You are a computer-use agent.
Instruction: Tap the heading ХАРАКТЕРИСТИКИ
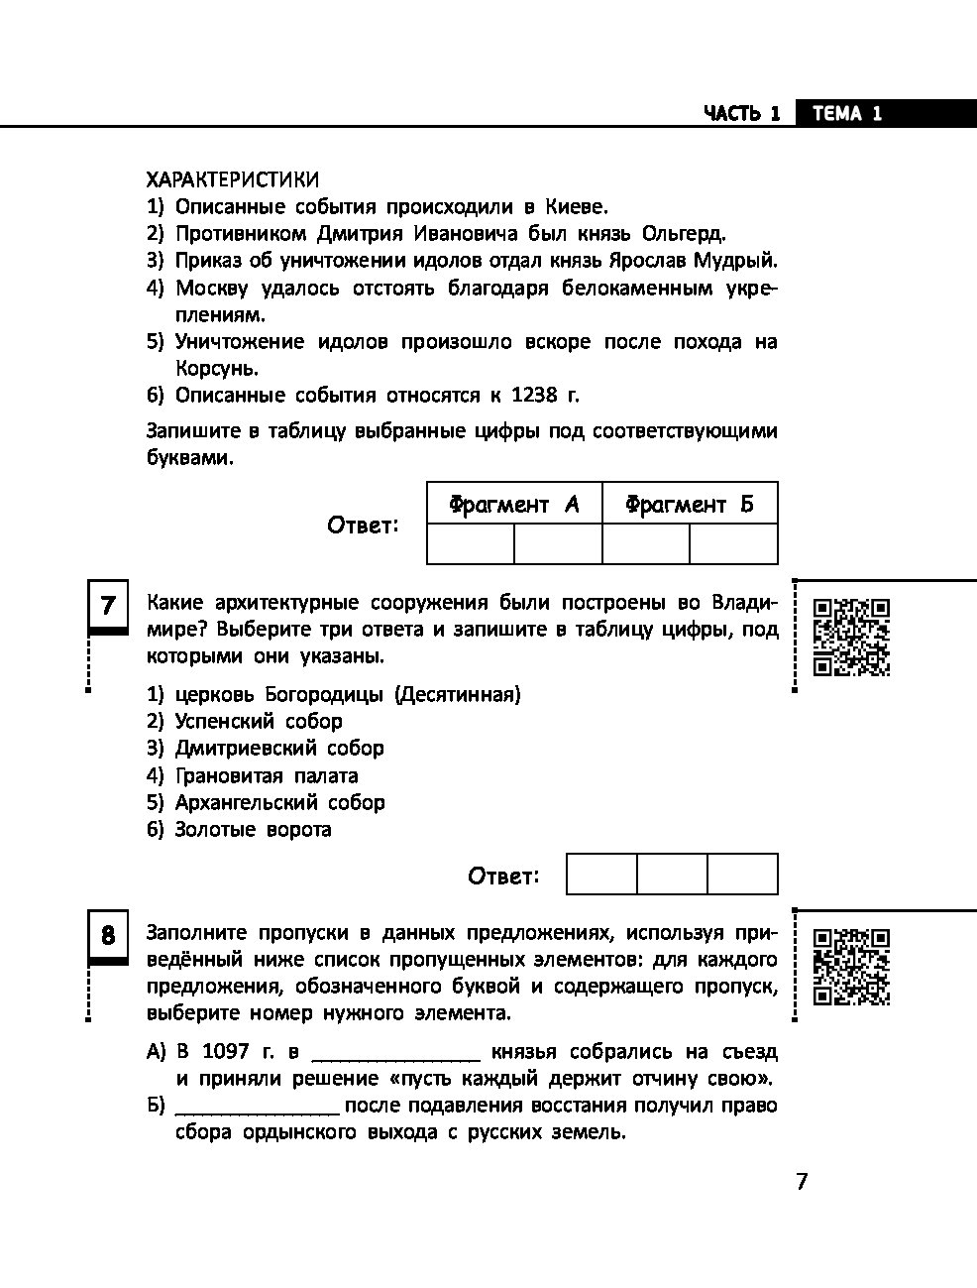233,179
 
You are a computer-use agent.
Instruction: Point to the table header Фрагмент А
513,504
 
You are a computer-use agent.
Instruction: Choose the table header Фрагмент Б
690,504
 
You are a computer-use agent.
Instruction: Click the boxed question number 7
108,605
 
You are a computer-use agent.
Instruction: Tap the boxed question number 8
108,935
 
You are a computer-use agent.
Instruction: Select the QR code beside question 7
851,637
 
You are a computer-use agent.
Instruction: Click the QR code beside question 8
851,967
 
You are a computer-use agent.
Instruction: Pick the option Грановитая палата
267,775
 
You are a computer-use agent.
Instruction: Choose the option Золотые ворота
253,829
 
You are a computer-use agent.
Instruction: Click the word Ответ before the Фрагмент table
363,526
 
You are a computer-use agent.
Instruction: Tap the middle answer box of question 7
672,875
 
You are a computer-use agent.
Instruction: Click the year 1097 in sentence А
226,1051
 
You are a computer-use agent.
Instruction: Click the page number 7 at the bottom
802,1182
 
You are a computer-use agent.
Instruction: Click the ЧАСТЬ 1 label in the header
742,113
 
